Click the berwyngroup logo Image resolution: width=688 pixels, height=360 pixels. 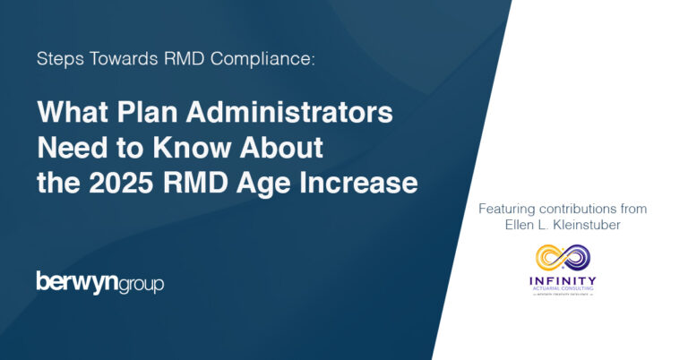99,283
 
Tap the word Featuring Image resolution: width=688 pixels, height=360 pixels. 508,209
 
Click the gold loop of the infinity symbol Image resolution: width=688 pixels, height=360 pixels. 547,258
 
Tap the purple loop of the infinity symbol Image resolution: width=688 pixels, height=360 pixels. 577,258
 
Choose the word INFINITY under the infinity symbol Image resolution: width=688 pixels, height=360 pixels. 563,280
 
